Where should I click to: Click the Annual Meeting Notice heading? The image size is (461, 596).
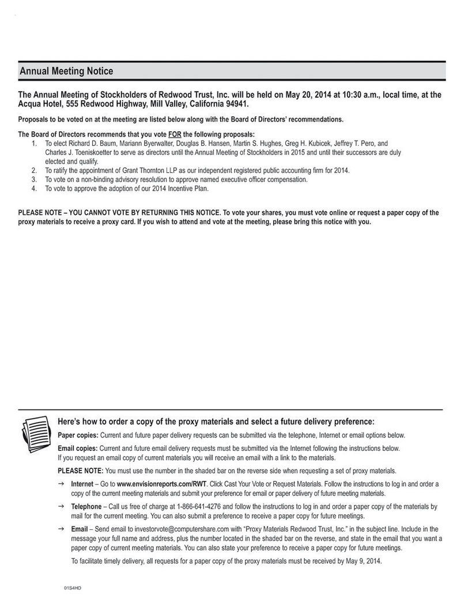click(66, 71)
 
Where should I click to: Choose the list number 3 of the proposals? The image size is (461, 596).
click(34, 179)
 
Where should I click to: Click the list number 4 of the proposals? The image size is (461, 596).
click(34, 188)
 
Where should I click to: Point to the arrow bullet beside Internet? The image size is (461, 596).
click(61, 484)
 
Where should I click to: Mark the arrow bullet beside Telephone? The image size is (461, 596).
click(61, 506)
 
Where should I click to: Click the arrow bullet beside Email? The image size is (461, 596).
click(61, 529)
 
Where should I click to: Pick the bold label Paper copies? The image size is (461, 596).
click(78, 435)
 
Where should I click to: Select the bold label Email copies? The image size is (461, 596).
click(78, 448)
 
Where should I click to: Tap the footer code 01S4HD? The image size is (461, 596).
click(73, 589)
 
